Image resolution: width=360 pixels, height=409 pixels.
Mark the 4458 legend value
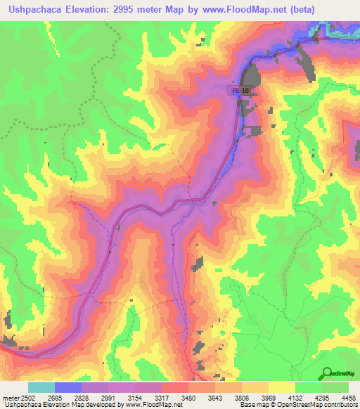click(347, 398)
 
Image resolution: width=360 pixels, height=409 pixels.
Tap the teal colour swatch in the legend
click(41, 387)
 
